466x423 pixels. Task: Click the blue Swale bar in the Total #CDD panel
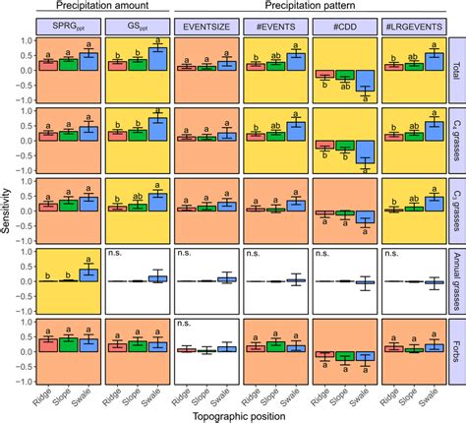coord(365,88)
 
